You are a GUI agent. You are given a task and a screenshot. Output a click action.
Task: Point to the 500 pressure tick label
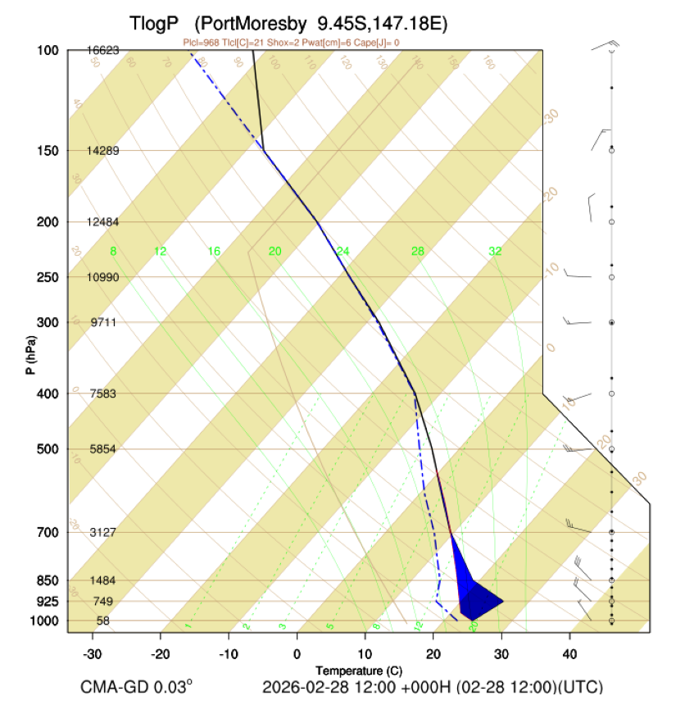coord(47,449)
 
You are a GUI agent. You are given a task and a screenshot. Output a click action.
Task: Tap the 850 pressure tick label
coord(47,580)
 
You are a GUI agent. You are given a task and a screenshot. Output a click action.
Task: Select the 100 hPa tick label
coord(47,51)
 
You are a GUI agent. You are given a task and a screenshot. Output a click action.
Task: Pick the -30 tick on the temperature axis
coord(92,653)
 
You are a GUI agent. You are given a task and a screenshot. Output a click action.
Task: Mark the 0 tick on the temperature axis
coord(297,653)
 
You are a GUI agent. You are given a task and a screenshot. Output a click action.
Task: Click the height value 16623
coord(103,50)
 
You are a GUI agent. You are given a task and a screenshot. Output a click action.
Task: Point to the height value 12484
coord(103,222)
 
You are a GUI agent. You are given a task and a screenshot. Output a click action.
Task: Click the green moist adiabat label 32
coord(495,251)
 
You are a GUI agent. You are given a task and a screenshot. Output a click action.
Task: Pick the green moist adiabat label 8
coord(114,251)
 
